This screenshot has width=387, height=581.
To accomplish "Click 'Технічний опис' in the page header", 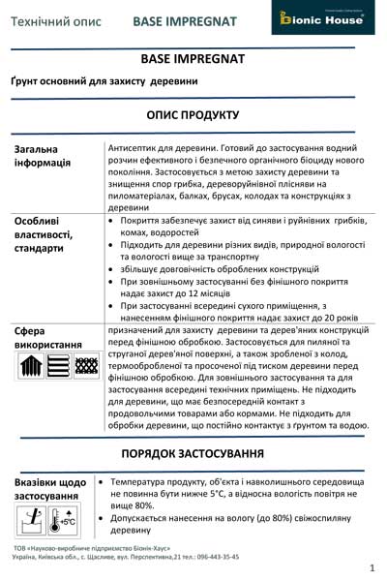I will click(57, 19).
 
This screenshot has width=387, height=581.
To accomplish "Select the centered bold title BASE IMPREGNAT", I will click(193, 59).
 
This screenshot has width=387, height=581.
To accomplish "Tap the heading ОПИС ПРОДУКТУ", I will click(193, 114).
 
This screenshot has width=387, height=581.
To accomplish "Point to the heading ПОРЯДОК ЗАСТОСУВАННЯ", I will click(193, 454).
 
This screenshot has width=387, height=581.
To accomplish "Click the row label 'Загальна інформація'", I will click(43, 156).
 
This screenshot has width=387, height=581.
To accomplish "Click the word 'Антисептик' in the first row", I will click(134, 147).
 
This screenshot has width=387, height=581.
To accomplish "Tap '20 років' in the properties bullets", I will click(347, 317).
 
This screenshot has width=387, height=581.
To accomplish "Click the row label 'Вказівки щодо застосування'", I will click(49, 488).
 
